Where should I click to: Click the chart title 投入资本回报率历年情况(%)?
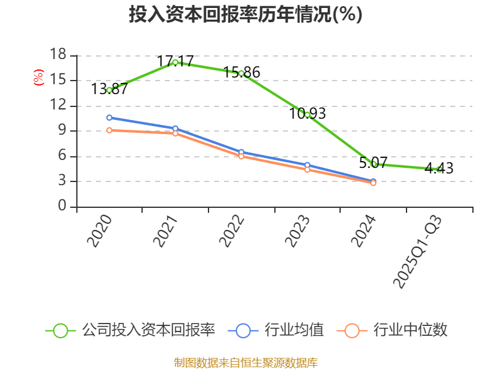245,15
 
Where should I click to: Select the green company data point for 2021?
175,62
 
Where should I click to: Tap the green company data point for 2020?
109,90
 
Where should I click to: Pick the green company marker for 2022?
241,73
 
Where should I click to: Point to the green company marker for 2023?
307,114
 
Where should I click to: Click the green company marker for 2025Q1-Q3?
439,169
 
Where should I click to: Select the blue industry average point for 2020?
109,117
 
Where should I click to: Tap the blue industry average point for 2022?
241,152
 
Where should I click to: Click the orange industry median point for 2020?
109,130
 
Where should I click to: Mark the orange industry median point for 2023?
307,169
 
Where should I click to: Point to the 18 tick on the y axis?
58,55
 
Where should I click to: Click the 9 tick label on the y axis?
61,131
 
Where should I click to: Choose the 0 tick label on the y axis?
61,207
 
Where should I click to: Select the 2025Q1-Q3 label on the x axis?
418,252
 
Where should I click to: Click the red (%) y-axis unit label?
38,77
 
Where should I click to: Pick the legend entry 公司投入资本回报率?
130,330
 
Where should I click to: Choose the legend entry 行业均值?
276,330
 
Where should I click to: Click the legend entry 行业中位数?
392,330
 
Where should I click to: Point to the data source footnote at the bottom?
245,362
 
